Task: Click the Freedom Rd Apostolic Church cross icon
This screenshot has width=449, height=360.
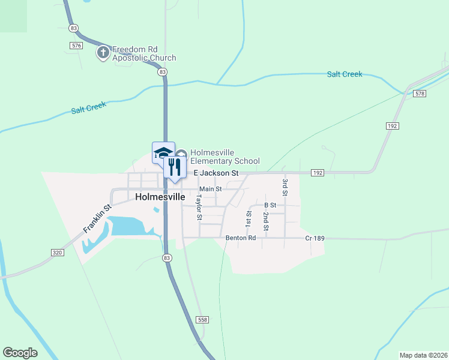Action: coord(103,53)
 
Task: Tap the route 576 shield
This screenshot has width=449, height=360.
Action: coord(76,46)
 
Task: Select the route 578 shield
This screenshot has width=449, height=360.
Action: coord(420,94)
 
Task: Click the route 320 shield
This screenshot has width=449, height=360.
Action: coord(57,253)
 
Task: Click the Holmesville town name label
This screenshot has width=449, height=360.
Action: coord(160,197)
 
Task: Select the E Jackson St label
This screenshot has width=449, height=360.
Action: coord(215,173)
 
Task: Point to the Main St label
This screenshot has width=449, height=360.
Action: coord(210,189)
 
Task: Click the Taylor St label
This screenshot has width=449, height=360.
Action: coord(199,207)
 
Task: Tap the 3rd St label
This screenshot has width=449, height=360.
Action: coord(285,187)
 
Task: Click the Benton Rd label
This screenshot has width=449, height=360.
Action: coord(241,238)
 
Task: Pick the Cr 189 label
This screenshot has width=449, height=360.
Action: coord(315,238)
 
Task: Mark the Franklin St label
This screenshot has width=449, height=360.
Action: coord(98,220)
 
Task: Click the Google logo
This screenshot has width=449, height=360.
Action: coord(20,353)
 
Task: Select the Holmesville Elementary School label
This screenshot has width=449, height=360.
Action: coord(224,157)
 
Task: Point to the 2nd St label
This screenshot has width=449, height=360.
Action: coord(265,221)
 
